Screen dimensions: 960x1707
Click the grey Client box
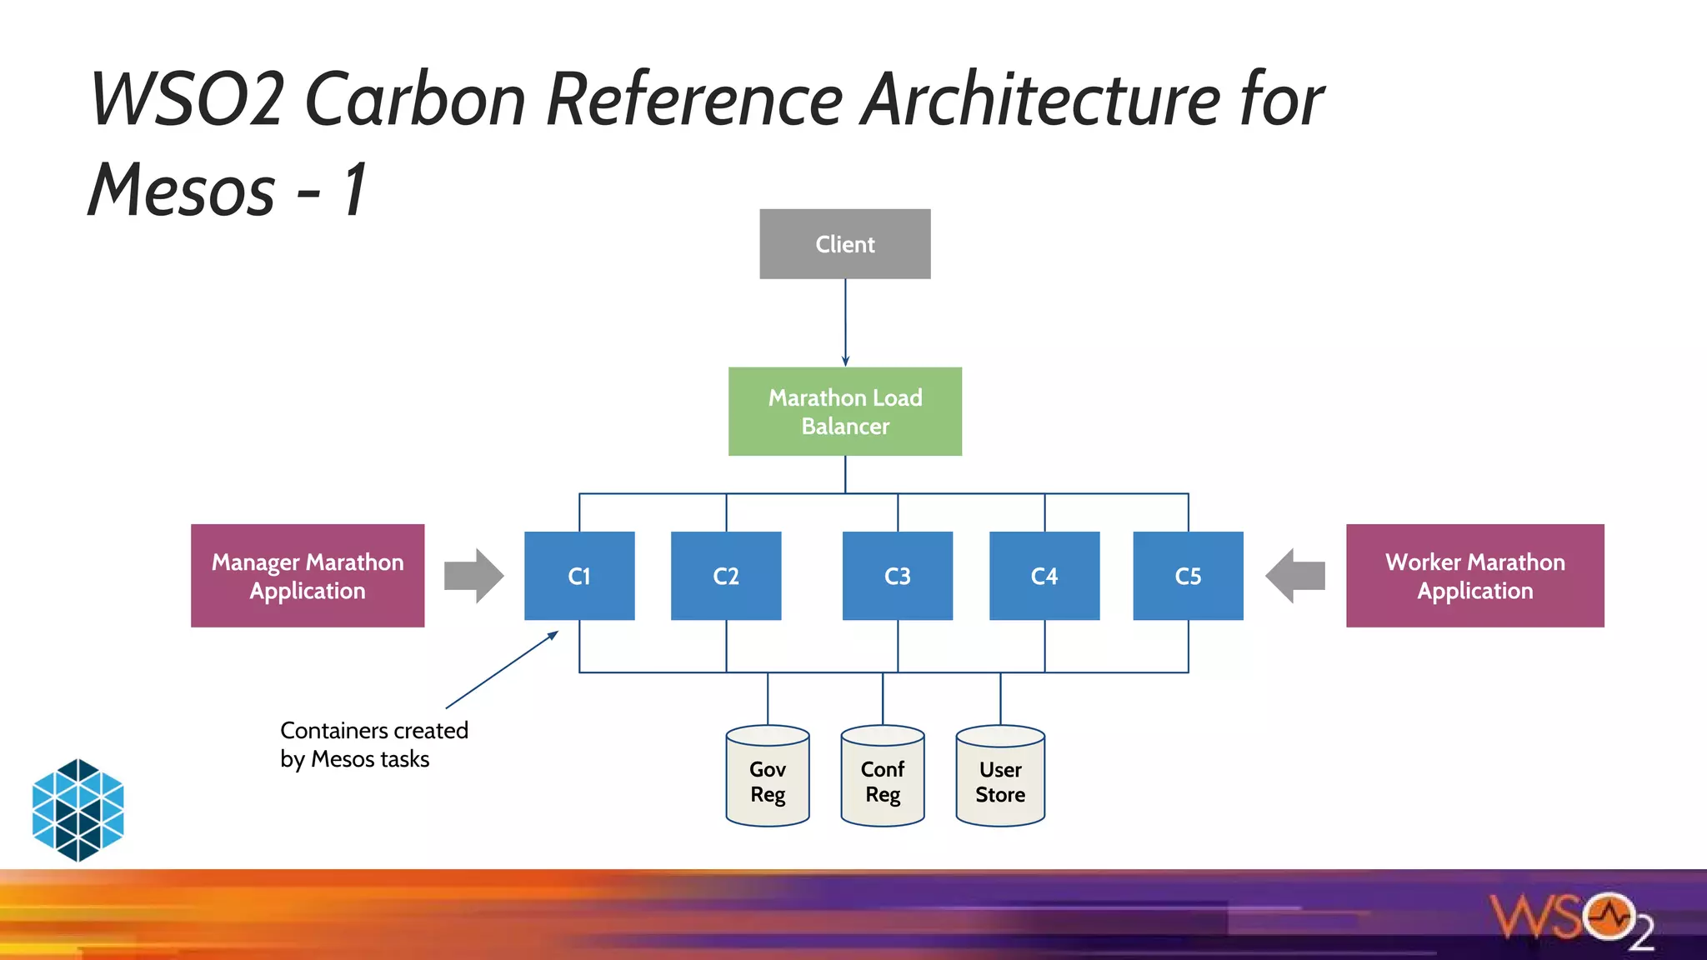point(844,244)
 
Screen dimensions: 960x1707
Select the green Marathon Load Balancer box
point(844,412)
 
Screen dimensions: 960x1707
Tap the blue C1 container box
point(579,576)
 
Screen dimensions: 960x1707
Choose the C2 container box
point(726,576)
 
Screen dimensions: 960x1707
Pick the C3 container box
point(897,576)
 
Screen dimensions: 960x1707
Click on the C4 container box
point(1044,576)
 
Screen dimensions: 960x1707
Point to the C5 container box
point(1188,576)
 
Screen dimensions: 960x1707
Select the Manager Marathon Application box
point(308,576)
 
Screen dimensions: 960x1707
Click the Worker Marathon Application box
point(1474,576)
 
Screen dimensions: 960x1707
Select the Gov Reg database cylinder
point(768,777)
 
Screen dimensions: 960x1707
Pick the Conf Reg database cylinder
point(883,777)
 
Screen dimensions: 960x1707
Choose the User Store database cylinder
point(1000,777)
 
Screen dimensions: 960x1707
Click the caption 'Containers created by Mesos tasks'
point(373,744)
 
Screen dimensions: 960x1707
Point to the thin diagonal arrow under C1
point(502,670)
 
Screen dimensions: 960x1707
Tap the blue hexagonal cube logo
point(78,809)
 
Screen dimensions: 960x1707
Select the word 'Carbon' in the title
point(415,100)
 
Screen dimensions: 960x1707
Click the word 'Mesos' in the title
point(182,190)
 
